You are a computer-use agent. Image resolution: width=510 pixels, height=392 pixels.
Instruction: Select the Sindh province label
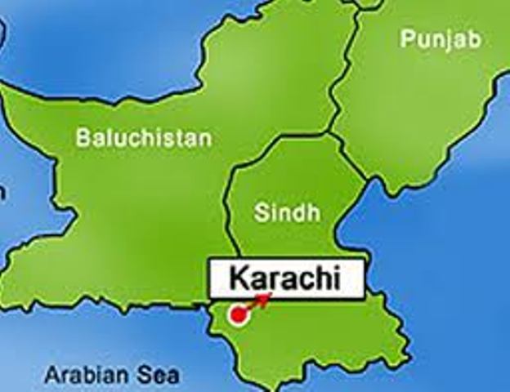pyautogui.click(x=287, y=213)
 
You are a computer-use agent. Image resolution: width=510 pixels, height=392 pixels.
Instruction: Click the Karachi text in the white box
pyautogui.click(x=284, y=278)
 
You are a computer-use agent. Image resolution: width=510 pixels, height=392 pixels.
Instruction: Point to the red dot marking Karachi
pyautogui.click(x=238, y=314)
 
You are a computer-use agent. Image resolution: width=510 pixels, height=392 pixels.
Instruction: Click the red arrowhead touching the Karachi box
pyautogui.click(x=264, y=298)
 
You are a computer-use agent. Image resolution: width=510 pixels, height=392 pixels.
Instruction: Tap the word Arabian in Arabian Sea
pyautogui.click(x=85, y=376)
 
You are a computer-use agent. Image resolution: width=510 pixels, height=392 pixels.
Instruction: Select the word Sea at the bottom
pyautogui.click(x=158, y=376)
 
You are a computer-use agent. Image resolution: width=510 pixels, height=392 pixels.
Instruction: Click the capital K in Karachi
pyautogui.click(x=238, y=278)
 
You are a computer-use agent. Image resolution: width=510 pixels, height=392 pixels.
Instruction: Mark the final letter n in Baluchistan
pyautogui.click(x=205, y=139)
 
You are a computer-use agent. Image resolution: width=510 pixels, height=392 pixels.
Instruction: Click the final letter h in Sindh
pyautogui.click(x=314, y=213)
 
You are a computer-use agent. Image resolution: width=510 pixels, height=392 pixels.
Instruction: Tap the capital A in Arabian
pyautogui.click(x=51, y=376)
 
